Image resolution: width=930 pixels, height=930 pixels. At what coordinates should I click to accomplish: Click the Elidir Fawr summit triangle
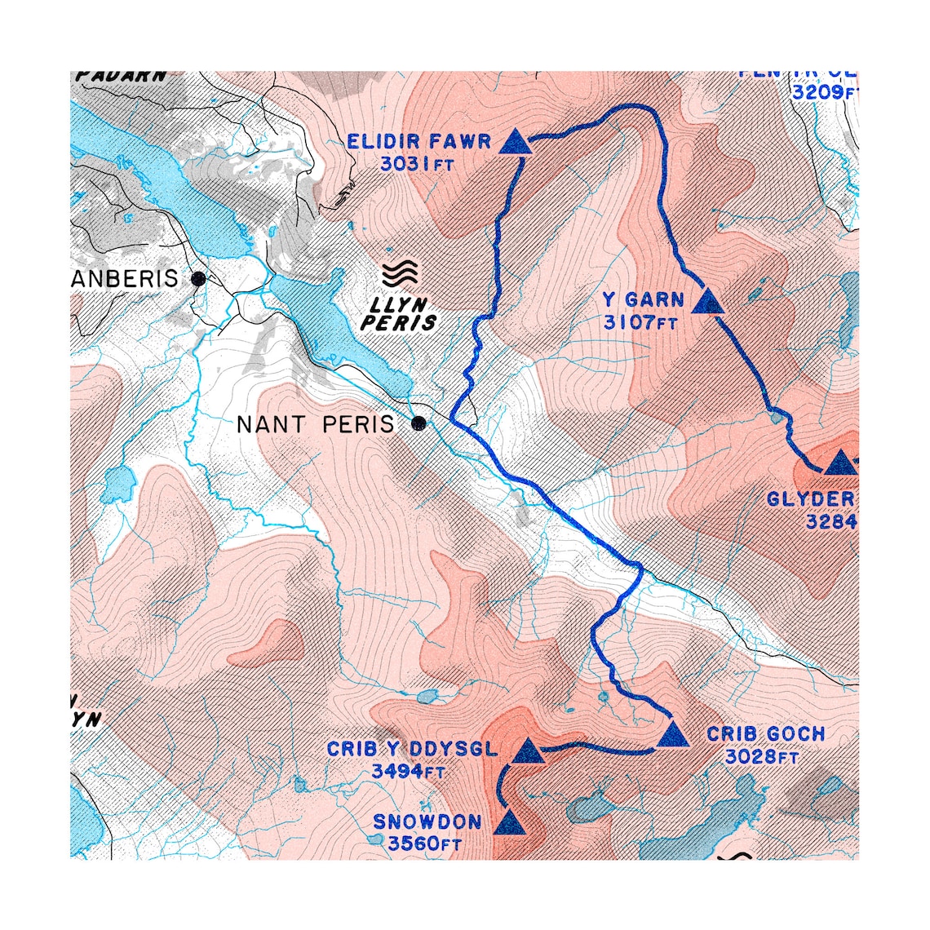point(515,143)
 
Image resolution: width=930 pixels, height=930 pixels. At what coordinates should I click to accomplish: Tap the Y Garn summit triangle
point(707,303)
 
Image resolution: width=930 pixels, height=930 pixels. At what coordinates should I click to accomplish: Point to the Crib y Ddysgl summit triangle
point(528,752)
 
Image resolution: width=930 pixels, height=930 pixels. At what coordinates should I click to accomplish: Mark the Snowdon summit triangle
point(508,822)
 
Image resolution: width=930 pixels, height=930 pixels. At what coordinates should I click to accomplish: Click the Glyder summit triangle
point(838,463)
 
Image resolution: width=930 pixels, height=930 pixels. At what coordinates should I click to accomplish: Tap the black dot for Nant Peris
point(419,423)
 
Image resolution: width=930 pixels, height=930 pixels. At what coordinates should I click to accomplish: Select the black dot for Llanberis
point(197,279)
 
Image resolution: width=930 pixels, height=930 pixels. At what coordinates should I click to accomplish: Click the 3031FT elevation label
point(417,164)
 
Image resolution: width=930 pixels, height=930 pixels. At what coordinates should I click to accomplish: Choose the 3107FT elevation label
point(640,323)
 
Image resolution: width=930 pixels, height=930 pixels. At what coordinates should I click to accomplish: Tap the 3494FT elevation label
point(408,771)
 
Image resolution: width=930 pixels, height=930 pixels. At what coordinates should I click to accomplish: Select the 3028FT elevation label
point(761,757)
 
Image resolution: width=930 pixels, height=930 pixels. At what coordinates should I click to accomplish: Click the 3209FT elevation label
point(825,92)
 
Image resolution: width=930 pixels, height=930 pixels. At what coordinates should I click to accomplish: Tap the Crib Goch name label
point(765,734)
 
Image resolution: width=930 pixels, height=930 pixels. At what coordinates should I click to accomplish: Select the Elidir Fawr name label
point(418,142)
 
